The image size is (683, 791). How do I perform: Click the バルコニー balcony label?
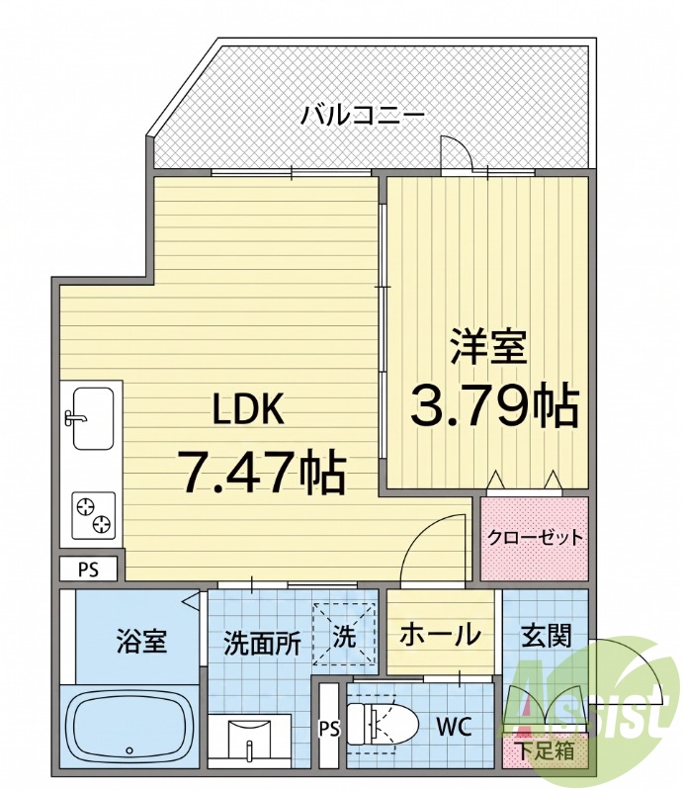363,116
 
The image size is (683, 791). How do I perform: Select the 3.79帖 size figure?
494,404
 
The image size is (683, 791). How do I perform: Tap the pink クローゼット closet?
535,538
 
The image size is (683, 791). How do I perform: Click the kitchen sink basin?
93,418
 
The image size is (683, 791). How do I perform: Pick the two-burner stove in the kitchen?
93,515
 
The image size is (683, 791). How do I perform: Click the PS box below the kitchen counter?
88,570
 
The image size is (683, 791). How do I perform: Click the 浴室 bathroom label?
141,641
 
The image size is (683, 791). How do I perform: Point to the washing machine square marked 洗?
344,634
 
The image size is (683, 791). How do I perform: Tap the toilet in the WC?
383,724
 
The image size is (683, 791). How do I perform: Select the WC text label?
454,727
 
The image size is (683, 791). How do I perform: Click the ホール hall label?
440,634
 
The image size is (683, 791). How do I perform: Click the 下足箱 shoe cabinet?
547,751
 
